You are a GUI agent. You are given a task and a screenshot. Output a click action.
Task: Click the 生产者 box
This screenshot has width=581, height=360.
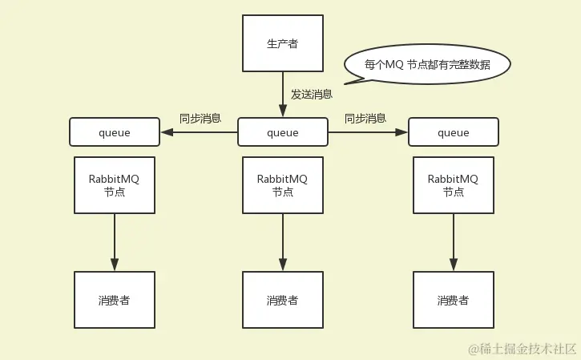coord(283,42)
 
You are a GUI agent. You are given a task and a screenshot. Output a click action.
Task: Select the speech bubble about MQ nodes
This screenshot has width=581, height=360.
coord(427,64)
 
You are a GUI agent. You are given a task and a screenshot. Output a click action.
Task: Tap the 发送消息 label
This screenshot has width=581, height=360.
coord(312,95)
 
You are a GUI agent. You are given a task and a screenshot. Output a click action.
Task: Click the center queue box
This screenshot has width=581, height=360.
coord(283,132)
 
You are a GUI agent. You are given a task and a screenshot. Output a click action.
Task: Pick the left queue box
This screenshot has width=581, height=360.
coord(115,132)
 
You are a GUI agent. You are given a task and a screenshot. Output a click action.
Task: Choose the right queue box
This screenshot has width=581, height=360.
coord(454,132)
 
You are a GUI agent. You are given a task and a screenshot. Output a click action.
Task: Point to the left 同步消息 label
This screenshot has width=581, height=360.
coord(200,119)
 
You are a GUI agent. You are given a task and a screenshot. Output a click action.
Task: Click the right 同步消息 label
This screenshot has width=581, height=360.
coord(365,119)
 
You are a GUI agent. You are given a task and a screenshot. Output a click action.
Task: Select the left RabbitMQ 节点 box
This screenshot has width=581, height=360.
coord(115,185)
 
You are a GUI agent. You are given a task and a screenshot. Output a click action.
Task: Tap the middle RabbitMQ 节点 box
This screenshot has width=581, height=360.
coord(283,185)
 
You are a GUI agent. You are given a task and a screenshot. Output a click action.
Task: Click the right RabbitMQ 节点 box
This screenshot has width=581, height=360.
coord(454,185)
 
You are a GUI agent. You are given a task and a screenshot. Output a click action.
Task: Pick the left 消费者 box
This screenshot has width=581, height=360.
coord(115,300)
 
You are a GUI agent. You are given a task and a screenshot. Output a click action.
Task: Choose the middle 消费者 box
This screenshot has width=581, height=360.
coord(283,300)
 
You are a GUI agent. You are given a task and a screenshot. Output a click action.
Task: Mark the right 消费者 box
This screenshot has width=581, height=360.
coord(454,300)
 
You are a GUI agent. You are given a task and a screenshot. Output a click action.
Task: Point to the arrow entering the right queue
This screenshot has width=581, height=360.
coord(368,132)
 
